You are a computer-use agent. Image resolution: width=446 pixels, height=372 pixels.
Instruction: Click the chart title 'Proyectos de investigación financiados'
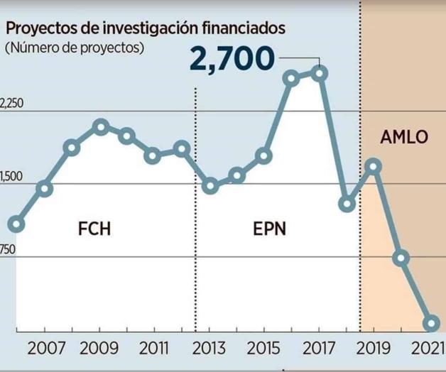click(x=146, y=28)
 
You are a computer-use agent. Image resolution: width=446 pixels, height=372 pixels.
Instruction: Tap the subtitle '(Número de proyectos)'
click(x=74, y=48)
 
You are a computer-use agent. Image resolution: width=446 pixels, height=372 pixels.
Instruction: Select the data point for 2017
click(x=320, y=72)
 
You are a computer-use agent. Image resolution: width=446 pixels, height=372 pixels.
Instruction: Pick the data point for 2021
click(x=430, y=324)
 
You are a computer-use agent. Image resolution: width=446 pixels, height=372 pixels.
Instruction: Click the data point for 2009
click(x=100, y=127)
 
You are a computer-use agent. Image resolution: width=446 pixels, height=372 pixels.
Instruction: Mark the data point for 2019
click(x=374, y=166)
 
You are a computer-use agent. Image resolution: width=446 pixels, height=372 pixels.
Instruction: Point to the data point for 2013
click(x=210, y=186)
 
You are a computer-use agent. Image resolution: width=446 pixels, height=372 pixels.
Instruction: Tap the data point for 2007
click(x=44, y=188)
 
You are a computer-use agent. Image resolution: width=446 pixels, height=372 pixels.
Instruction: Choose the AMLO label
click(x=404, y=138)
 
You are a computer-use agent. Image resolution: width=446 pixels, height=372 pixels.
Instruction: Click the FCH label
click(x=94, y=229)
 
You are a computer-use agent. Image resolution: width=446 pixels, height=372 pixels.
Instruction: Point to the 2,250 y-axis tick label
click(x=12, y=104)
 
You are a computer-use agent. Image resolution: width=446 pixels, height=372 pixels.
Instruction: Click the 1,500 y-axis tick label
click(x=12, y=177)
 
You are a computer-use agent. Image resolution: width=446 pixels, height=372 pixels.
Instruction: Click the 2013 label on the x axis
click(x=210, y=348)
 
